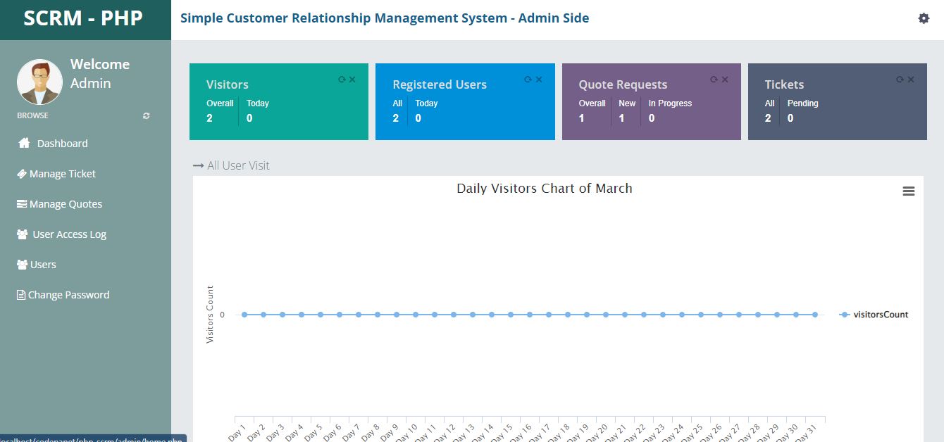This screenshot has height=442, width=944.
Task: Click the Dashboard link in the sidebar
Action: click(x=62, y=144)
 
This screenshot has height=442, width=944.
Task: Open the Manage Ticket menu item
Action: click(x=62, y=174)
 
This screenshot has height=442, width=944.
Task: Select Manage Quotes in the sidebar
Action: click(x=66, y=204)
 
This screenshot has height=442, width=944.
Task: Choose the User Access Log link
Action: click(x=69, y=234)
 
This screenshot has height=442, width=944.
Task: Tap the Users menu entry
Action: click(x=43, y=265)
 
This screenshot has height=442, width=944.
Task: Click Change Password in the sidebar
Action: click(x=68, y=295)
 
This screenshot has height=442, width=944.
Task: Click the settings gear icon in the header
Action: click(x=924, y=18)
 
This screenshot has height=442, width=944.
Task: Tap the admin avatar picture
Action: click(x=39, y=82)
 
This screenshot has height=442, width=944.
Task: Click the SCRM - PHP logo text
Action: click(x=83, y=18)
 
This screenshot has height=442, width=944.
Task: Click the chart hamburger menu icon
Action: click(x=909, y=191)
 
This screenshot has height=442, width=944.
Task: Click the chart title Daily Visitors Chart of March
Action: click(x=545, y=189)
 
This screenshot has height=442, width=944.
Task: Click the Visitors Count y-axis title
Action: click(x=210, y=315)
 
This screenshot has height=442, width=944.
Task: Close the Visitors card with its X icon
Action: click(x=352, y=80)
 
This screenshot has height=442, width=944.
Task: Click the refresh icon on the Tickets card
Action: click(x=900, y=80)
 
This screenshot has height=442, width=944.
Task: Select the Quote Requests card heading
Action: click(x=623, y=84)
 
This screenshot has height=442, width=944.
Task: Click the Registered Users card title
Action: click(x=440, y=84)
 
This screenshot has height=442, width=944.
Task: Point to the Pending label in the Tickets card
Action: click(x=802, y=103)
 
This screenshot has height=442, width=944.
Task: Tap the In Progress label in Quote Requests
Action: click(x=670, y=103)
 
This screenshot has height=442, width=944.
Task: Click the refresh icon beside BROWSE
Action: click(x=147, y=115)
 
